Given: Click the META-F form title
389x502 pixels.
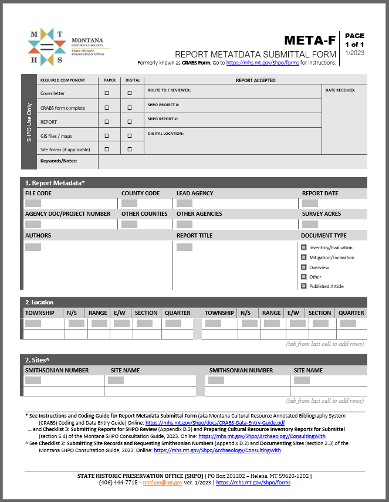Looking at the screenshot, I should pyautogui.click(x=310, y=40).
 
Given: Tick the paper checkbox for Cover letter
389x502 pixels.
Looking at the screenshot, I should pyautogui.click(x=107, y=93).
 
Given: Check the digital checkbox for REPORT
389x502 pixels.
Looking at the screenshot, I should pyautogui.click(x=130, y=122).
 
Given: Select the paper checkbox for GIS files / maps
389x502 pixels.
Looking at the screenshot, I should pyautogui.click(x=107, y=136).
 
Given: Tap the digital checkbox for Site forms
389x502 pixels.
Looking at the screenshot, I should pyautogui.click(x=130, y=150).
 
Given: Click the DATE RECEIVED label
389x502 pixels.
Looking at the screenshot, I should pyautogui.click(x=340, y=90).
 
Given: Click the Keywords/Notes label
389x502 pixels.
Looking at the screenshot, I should pyautogui.click(x=59, y=161).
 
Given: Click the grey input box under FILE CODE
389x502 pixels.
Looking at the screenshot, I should pyautogui.click(x=33, y=203).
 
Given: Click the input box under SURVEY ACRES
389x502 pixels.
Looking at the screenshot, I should pyautogui.click(x=310, y=224).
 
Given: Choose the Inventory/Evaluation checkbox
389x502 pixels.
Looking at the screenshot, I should pyautogui.click(x=304, y=247).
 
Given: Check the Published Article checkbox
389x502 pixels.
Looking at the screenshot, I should pyautogui.click(x=304, y=286).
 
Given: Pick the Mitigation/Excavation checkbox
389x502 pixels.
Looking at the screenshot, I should pyautogui.click(x=304, y=257).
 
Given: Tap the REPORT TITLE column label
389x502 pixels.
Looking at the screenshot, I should pyautogui.click(x=194, y=236).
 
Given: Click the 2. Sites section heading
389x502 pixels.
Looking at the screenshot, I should pyautogui.click(x=36, y=359).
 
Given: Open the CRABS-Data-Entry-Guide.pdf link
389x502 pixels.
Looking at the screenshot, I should pyautogui.click(x=215, y=422).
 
